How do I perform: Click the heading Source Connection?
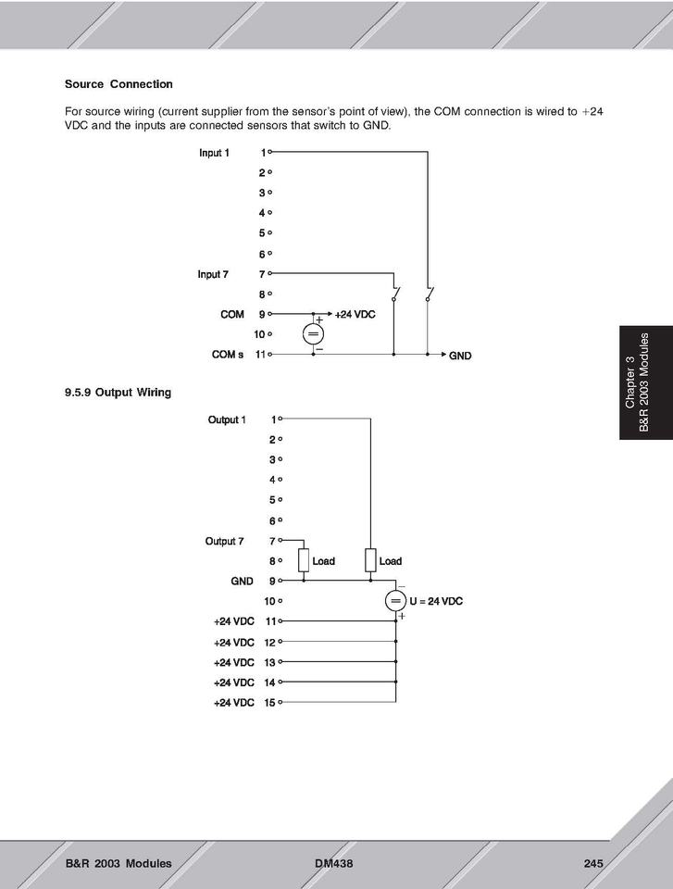(118, 84)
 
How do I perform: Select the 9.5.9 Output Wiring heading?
(118, 393)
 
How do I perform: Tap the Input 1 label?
(214, 153)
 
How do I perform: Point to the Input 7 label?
(213, 274)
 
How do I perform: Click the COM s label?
(228, 355)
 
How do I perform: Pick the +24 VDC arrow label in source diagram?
(355, 315)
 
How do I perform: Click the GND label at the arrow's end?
(461, 356)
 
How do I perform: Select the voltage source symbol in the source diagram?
(313, 334)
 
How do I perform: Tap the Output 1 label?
(227, 420)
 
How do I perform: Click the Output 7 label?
(225, 541)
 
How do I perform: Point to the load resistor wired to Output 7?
(303, 561)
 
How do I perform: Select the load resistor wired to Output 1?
(370, 561)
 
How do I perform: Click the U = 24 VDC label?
(435, 601)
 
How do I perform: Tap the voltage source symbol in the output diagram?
(395, 601)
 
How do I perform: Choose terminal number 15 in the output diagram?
(269, 703)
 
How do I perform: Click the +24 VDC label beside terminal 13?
(233, 662)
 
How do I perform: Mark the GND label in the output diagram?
(242, 582)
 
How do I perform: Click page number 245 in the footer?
(593, 864)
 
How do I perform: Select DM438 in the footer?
(334, 864)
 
